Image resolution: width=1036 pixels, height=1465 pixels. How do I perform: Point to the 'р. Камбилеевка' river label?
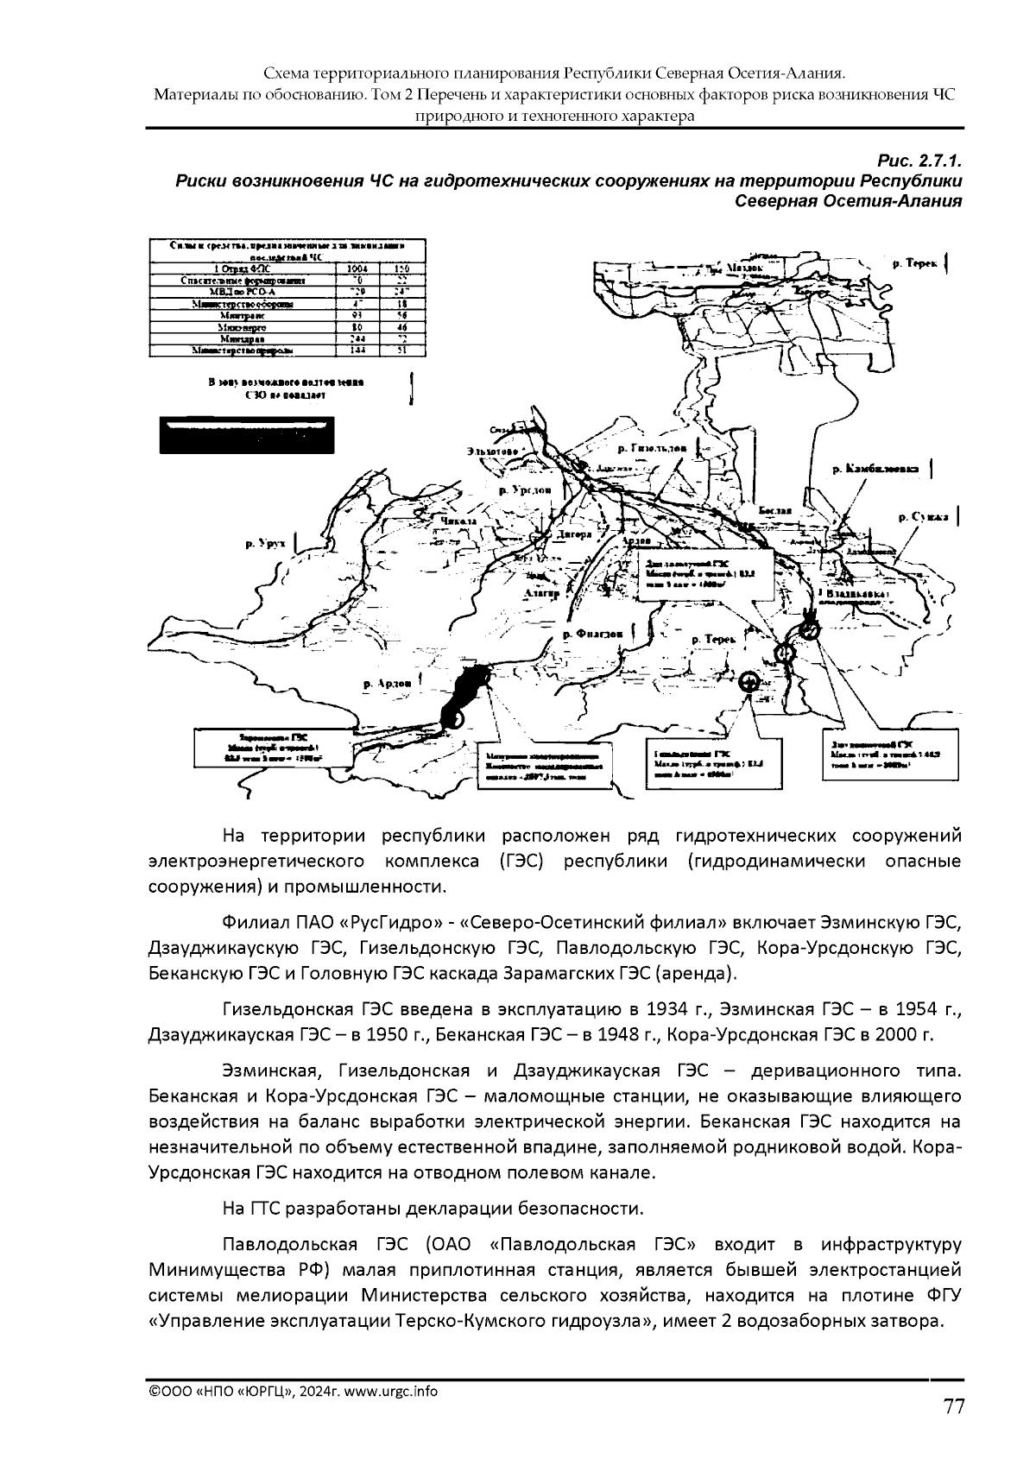pos(873,470)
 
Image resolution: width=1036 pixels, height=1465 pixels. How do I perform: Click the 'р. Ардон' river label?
pos(386,683)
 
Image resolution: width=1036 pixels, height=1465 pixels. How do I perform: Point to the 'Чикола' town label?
pos(459,522)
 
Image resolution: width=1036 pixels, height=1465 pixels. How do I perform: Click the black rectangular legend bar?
pos(246,435)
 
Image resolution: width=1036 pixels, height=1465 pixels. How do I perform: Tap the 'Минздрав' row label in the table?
pos(230,339)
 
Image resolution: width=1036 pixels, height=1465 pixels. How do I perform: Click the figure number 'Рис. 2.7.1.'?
pos(919,161)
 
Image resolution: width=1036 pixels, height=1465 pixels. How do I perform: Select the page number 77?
pos(953,1407)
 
